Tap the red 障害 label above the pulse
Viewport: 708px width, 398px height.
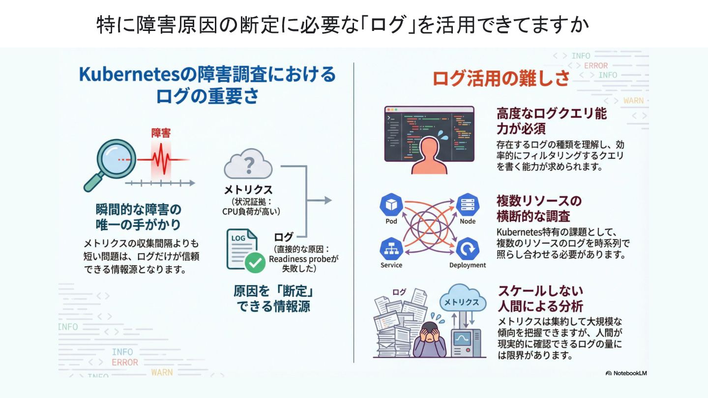[x=161, y=133]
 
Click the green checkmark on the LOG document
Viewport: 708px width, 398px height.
[x=255, y=263]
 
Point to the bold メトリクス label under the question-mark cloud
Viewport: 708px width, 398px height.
[x=248, y=190]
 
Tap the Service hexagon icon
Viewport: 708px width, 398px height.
[x=391, y=249]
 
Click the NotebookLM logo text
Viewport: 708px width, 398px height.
[x=626, y=373]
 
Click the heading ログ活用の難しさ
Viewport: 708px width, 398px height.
[x=501, y=78]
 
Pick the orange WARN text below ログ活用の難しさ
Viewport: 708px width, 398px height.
[x=633, y=101]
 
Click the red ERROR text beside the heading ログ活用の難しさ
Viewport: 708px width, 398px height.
[x=595, y=65]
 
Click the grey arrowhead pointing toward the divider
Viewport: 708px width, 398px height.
[x=326, y=200]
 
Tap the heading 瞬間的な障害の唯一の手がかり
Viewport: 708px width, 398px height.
[x=138, y=217]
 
